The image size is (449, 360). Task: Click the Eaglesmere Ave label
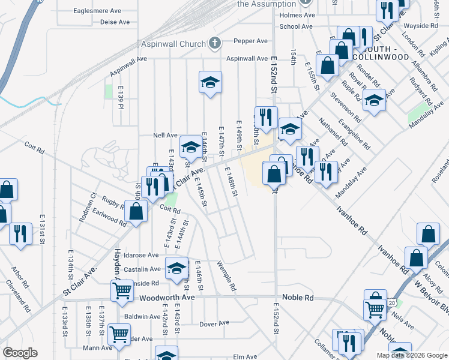point(97,10)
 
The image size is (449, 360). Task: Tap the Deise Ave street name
point(115,22)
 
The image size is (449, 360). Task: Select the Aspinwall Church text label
point(174,43)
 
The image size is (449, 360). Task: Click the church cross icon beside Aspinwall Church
point(215,43)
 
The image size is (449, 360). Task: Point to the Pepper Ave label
point(250,41)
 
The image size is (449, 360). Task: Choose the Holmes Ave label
point(297,15)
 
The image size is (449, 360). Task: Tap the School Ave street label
point(296,26)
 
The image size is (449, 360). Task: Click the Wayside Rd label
point(421,26)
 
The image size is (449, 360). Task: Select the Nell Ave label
point(166,136)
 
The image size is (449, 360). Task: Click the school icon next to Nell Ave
point(191,146)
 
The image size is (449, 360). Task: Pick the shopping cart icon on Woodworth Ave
point(122,291)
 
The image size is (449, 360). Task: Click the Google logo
point(20,353)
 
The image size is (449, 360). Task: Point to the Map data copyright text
point(411,355)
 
